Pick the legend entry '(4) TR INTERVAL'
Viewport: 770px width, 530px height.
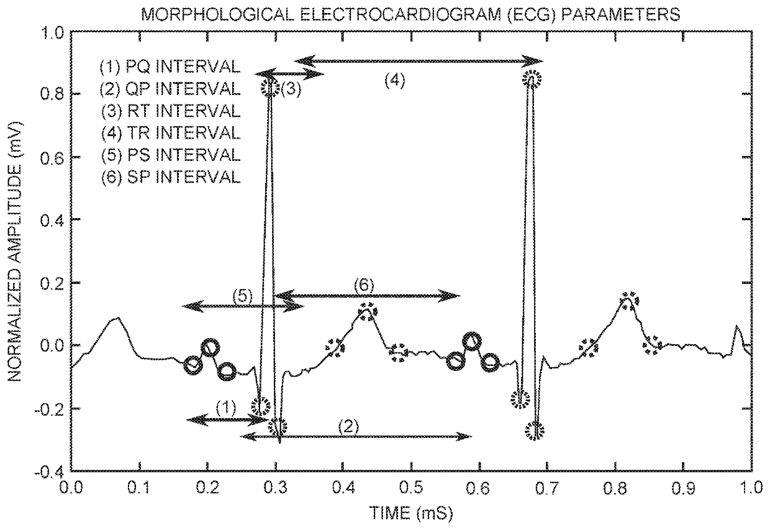click(170, 132)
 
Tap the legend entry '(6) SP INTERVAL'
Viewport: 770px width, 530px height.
click(170, 176)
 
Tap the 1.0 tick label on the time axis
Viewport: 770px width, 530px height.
click(751, 487)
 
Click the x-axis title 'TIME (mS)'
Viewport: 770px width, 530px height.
click(412, 514)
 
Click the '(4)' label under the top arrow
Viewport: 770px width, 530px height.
click(394, 81)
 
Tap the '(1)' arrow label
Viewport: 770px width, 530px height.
click(226, 408)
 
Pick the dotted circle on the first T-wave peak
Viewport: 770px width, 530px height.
click(367, 311)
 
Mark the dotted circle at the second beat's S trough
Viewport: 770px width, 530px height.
click(537, 429)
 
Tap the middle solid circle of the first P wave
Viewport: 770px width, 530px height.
click(210, 347)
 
